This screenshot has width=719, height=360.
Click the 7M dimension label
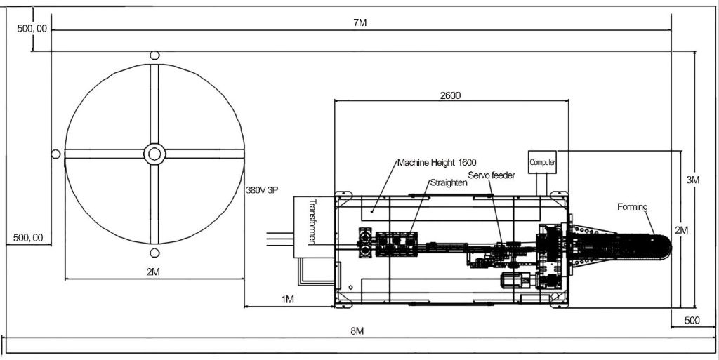click(359, 22)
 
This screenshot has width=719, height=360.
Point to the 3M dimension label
click(693, 180)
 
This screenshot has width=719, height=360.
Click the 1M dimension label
click(287, 300)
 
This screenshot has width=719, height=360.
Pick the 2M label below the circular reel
click(153, 272)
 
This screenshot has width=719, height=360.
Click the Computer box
click(543, 162)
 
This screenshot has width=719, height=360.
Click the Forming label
click(633, 206)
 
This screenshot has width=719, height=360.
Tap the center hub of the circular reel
click(154, 153)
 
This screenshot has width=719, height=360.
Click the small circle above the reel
click(154, 55)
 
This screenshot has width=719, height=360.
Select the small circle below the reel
click(154, 253)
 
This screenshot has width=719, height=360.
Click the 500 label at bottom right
click(692, 320)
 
